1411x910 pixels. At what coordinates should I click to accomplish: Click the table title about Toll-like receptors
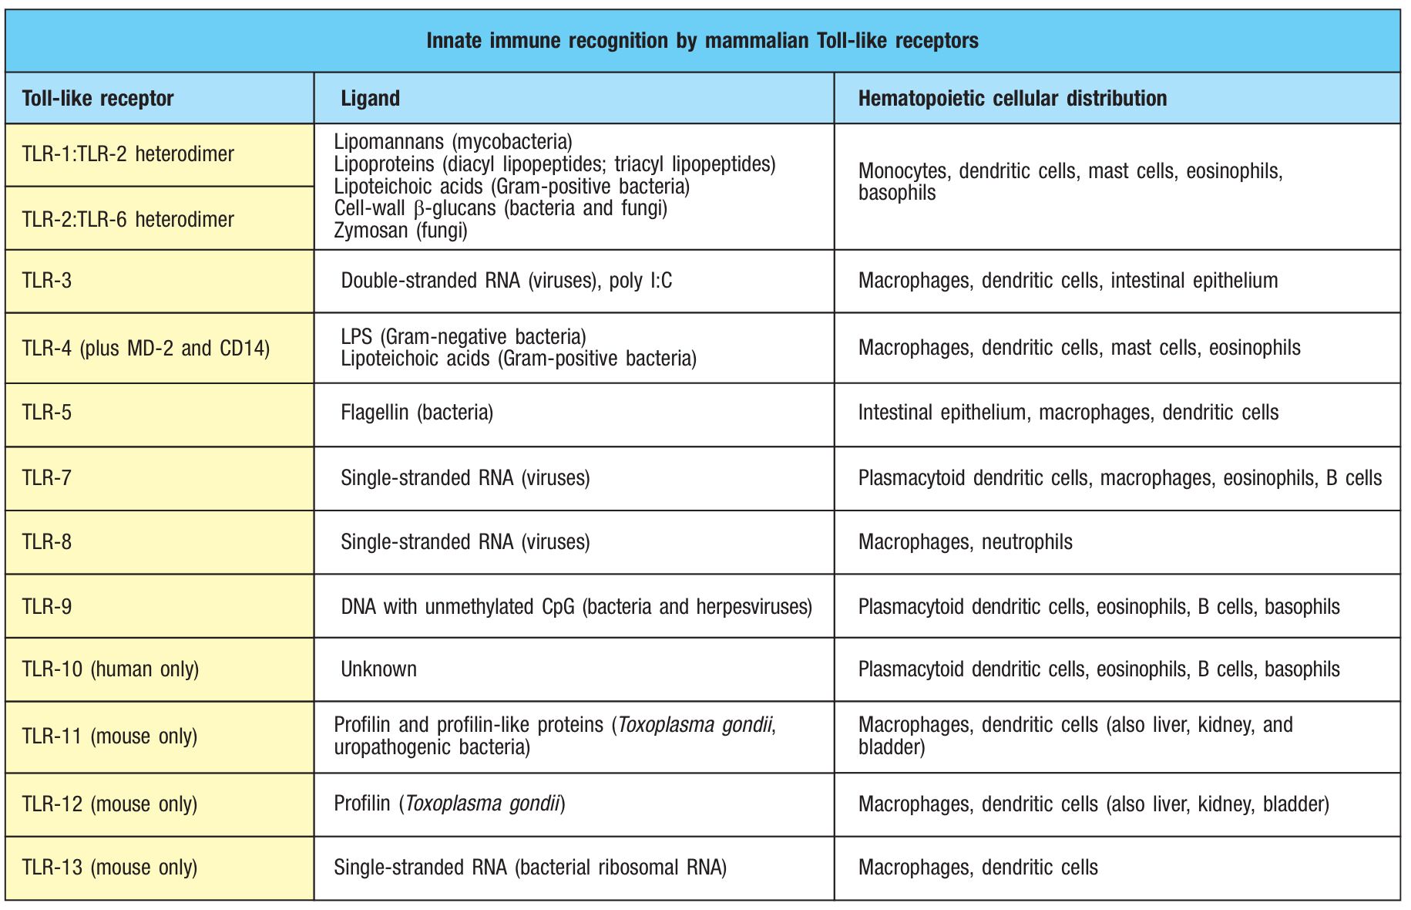[x=702, y=41]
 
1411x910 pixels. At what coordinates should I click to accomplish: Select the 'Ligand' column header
[x=370, y=99]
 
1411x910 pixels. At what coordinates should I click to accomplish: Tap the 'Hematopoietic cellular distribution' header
[x=1012, y=99]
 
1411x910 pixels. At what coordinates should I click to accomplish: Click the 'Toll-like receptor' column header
[x=98, y=99]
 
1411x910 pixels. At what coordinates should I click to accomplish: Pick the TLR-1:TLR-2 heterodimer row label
[x=128, y=154]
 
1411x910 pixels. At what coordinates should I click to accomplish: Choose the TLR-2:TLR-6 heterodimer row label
[x=128, y=220]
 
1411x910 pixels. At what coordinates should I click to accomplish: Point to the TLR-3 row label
[x=47, y=281]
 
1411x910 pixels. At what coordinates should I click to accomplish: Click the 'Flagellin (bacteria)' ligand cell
[x=417, y=413]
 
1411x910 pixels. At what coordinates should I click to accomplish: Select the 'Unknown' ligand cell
[x=378, y=669]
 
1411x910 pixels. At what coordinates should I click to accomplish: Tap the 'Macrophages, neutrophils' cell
[x=965, y=542]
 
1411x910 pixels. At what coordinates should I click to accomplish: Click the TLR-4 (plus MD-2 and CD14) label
[x=146, y=349]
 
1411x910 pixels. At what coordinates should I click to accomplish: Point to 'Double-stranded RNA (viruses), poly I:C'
[x=506, y=281]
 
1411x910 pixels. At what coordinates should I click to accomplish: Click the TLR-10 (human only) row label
[x=110, y=669]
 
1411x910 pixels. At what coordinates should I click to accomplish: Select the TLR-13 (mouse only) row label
[x=109, y=868]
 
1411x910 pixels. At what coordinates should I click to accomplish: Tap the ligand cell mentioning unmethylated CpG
[x=576, y=607]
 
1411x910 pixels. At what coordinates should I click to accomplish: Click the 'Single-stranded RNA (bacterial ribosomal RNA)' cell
[x=530, y=868]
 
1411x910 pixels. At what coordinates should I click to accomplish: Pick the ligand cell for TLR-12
[x=449, y=804]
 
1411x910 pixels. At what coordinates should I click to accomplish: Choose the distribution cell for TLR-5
[x=1068, y=413]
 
